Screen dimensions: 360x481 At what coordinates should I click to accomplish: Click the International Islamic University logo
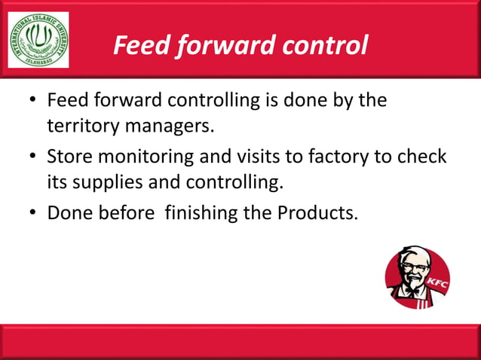pos(38,39)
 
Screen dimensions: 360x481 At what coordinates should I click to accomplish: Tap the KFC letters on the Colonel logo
pos(438,284)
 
